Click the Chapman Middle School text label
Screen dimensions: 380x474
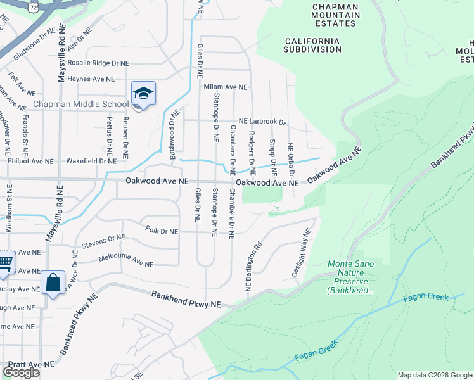click(x=80, y=104)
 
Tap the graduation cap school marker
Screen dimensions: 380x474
click(x=143, y=94)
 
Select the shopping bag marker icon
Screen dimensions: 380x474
click(x=53, y=282)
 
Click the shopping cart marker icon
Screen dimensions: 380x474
click(x=5, y=262)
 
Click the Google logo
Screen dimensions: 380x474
click(x=21, y=372)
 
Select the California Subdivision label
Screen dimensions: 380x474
click(x=312, y=44)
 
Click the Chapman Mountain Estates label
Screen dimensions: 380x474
click(x=335, y=15)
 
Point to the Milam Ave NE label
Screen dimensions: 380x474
click(x=225, y=87)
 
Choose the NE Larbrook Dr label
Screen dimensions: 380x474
click(x=262, y=121)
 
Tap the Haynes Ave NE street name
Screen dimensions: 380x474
click(x=91, y=79)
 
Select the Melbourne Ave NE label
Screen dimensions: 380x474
click(x=126, y=260)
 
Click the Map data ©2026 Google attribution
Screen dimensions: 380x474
click(x=435, y=375)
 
